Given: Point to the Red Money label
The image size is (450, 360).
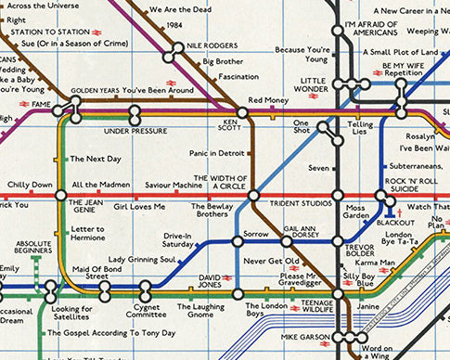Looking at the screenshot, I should (268, 100).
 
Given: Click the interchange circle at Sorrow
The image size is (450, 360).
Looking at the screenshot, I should (238, 241).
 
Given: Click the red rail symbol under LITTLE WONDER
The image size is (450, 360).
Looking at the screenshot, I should (315, 95).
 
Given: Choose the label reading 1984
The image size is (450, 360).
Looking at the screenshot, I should (173, 26).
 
